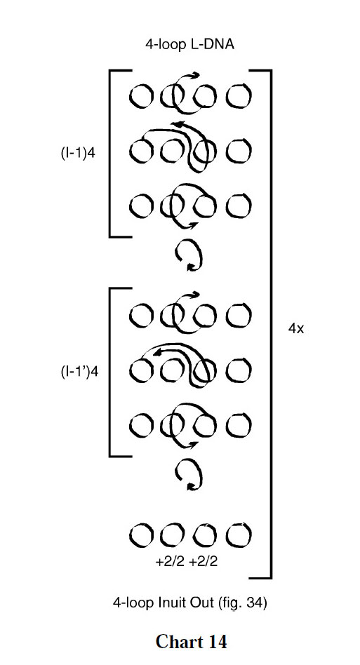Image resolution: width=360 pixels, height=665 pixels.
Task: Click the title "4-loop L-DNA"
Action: pos(189,44)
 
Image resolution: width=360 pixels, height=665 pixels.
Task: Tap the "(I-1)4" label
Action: pos(79,152)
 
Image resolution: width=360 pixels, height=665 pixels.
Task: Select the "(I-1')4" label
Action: pos(80,371)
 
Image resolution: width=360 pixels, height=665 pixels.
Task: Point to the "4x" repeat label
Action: pos(296,328)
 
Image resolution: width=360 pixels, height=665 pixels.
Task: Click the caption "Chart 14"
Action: pos(192,641)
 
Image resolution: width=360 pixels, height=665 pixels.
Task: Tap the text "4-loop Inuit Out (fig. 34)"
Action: pos(190,603)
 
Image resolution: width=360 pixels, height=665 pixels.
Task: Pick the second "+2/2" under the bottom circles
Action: pos(203,561)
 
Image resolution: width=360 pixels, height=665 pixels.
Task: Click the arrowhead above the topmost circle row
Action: pos(194,75)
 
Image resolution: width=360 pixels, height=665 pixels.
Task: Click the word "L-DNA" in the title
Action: pos(213,44)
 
